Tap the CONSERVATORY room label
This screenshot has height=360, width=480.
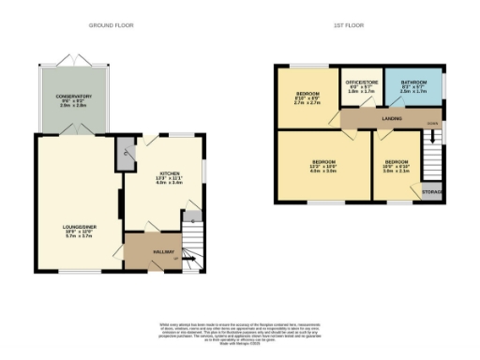[x=72, y=97]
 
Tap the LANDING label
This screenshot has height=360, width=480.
[x=392, y=119]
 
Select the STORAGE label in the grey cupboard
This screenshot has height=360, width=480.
[x=431, y=192]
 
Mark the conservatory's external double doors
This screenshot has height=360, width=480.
[x=72, y=60]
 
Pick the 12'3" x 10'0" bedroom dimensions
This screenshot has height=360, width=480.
[x=322, y=169]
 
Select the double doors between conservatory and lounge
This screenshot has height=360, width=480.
[x=72, y=134]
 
